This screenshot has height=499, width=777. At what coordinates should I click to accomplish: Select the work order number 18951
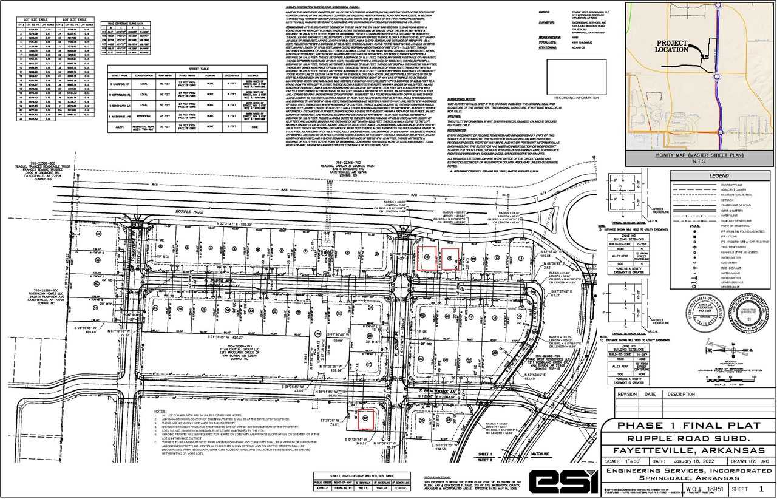click(707, 487)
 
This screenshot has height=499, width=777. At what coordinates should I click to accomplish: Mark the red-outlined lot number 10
click(428, 258)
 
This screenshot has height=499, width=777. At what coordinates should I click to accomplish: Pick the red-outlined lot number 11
click(450, 258)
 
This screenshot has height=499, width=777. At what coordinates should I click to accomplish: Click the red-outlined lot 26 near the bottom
click(366, 418)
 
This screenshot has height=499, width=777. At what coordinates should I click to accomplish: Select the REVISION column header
click(627, 394)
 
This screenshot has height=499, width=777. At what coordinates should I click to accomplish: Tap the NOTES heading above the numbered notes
click(160, 411)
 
